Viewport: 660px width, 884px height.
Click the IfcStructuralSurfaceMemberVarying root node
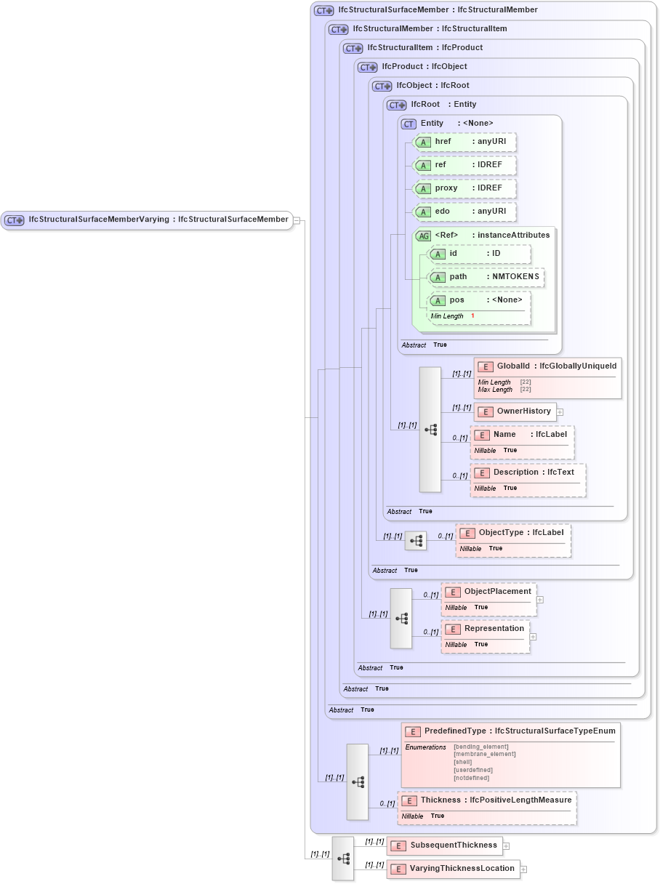pos(146,220)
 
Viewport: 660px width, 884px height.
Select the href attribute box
pos(465,142)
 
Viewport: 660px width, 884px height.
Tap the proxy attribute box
pos(465,188)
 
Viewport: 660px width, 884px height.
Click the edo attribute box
pos(465,212)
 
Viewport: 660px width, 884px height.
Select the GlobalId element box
pos(548,366)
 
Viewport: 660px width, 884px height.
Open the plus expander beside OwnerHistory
pos(560,412)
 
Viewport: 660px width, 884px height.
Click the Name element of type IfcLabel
pos(523,435)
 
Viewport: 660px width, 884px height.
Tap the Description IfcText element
pos(528,473)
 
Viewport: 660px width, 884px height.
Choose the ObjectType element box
pos(513,533)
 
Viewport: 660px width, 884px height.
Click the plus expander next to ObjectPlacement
pos(540,600)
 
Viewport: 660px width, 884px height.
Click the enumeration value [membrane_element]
pos(484,754)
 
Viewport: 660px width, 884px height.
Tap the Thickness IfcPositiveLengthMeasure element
pos(488,800)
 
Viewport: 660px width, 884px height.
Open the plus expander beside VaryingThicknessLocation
pos(523,869)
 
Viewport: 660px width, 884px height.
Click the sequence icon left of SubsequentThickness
pos(343,858)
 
